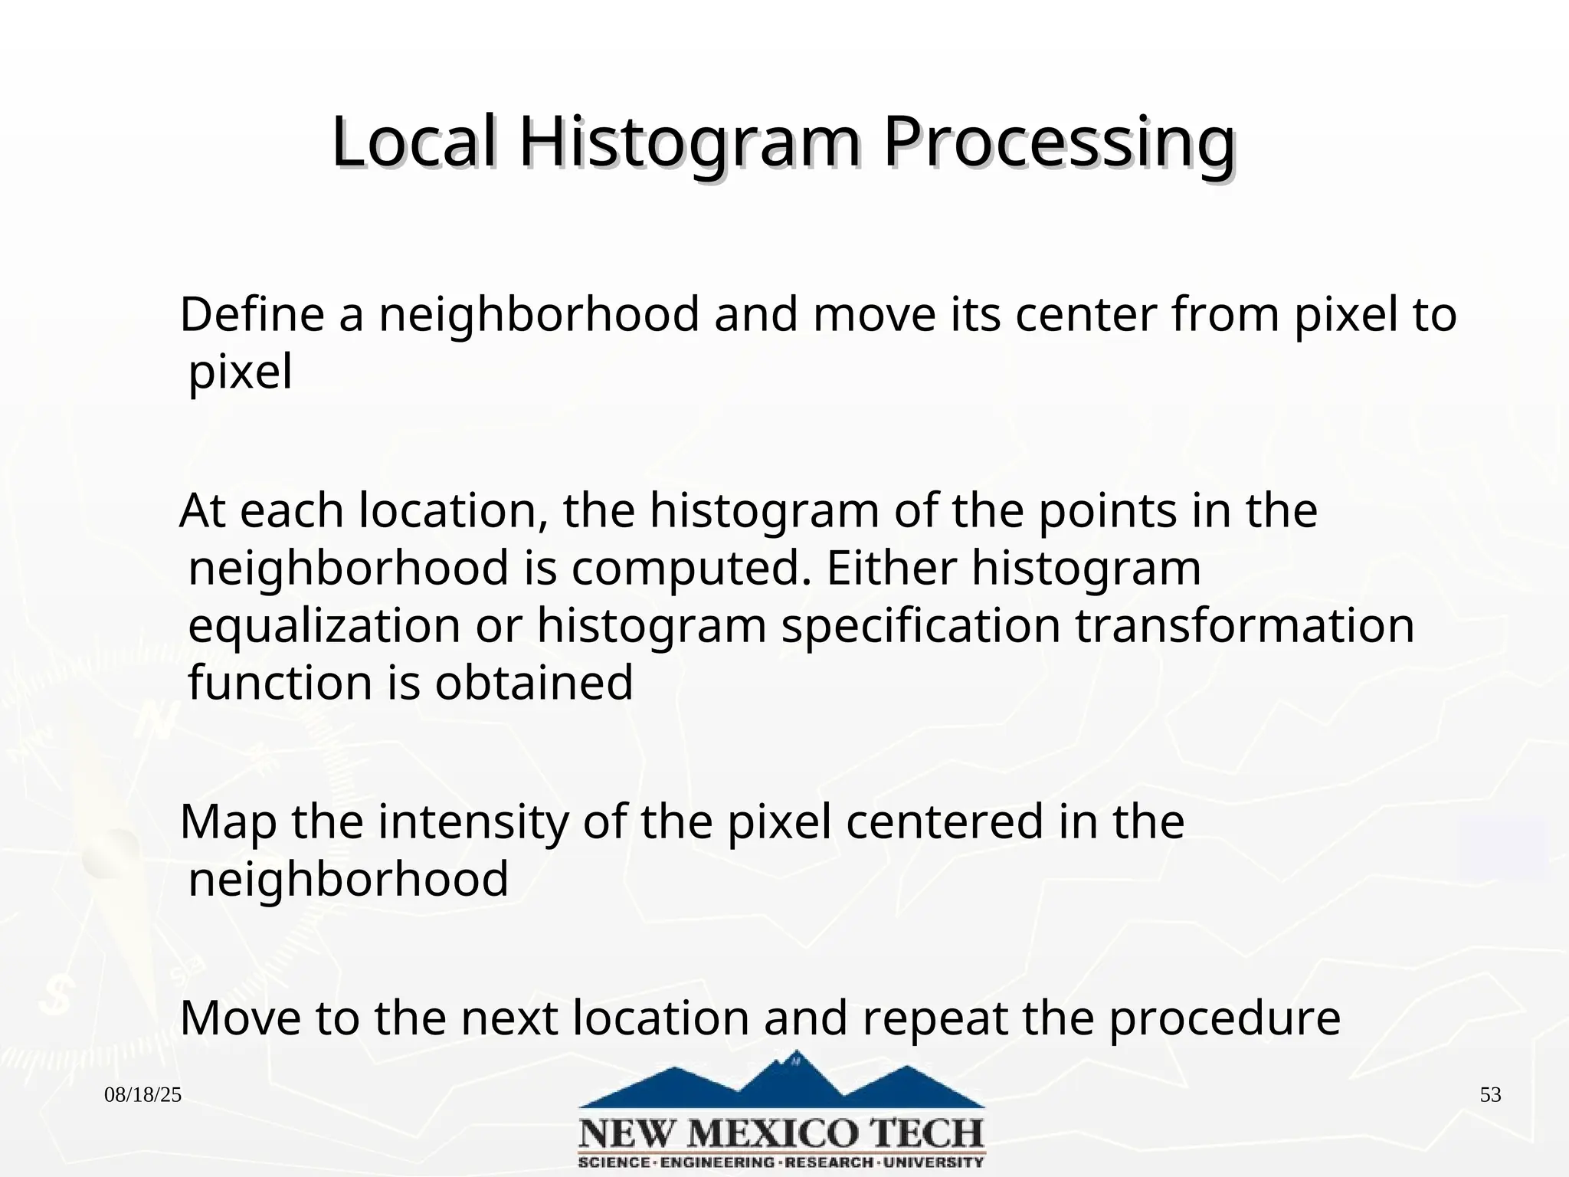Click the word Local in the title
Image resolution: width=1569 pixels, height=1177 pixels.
tap(414, 143)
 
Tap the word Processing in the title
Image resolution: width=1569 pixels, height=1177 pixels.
tap(1059, 143)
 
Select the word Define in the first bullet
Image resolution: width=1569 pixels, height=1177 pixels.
tap(252, 315)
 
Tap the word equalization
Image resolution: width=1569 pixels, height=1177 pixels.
tap(324, 626)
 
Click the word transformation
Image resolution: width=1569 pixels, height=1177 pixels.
tap(1244, 626)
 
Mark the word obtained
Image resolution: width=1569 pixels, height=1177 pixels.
tap(534, 683)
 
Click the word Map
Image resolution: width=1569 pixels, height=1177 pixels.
tap(228, 822)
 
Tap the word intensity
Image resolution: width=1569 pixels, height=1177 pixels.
tap(473, 822)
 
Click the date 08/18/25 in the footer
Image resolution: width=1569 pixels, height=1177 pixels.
tap(143, 1095)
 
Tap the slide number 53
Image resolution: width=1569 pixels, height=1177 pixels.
tap(1490, 1095)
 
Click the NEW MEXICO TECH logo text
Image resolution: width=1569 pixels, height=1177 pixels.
tap(781, 1133)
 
